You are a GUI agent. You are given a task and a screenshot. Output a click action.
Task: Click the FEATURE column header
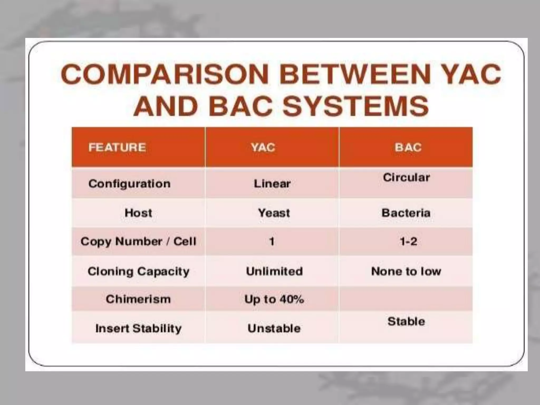(x=117, y=147)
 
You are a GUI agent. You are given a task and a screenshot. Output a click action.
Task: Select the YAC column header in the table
(x=263, y=147)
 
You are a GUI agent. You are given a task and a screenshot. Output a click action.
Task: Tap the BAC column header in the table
(x=408, y=147)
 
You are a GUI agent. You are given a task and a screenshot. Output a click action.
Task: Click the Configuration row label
(x=129, y=184)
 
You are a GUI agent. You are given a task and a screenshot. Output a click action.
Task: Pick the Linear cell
(x=272, y=184)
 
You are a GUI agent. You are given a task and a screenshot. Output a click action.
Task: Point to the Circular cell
(x=406, y=177)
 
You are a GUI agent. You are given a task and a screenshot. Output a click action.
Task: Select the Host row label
(x=138, y=213)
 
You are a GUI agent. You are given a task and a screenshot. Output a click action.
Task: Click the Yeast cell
(x=274, y=213)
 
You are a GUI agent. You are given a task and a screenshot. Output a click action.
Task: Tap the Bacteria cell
(x=406, y=213)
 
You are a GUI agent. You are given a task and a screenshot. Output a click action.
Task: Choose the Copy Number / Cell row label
(x=138, y=242)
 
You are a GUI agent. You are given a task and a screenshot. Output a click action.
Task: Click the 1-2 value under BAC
(x=408, y=242)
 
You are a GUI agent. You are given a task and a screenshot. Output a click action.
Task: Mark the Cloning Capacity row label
(x=138, y=271)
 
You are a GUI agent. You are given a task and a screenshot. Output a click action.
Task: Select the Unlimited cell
(x=274, y=271)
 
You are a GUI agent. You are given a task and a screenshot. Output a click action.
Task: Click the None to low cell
(x=406, y=271)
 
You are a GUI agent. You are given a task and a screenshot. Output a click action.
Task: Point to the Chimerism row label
(x=138, y=299)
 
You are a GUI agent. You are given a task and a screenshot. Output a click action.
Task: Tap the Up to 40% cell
(x=274, y=299)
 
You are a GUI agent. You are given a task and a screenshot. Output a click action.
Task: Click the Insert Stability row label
(x=138, y=329)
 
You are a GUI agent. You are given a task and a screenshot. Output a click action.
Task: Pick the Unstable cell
(x=274, y=329)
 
